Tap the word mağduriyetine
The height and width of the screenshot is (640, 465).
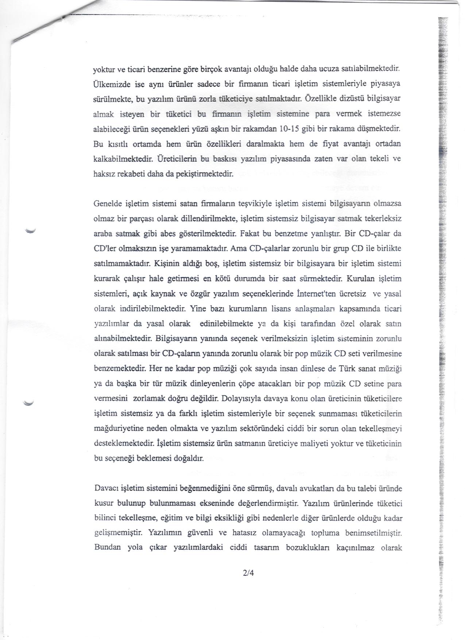[116, 429]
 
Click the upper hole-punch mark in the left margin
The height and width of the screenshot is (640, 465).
[28, 230]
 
